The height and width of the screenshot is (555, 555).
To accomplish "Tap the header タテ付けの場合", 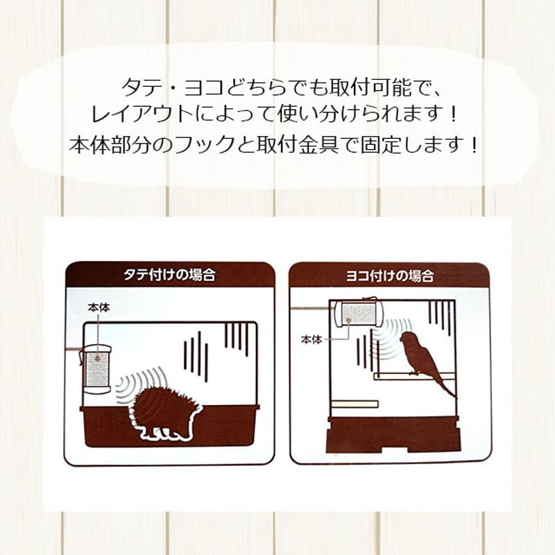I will click(169, 275).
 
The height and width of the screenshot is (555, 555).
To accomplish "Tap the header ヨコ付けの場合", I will click(389, 275).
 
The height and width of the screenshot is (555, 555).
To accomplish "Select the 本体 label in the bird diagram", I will click(311, 339).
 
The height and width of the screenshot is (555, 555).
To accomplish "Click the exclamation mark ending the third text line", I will click(473, 146).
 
